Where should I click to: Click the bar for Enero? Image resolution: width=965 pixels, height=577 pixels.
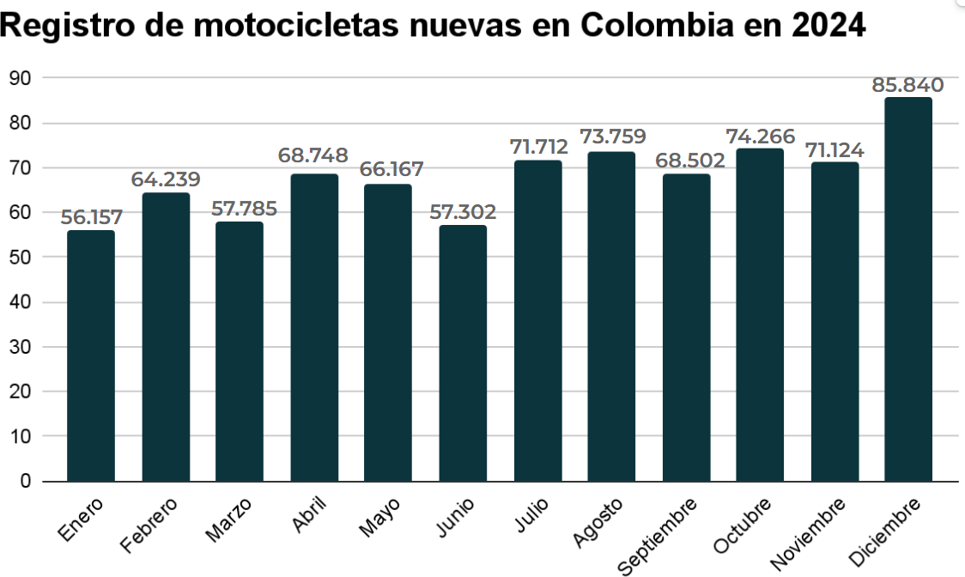click(91, 355)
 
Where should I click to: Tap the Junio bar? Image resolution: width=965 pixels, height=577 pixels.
click(463, 353)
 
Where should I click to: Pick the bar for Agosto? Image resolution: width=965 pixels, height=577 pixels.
click(611, 316)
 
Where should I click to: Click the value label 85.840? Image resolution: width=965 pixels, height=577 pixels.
click(907, 85)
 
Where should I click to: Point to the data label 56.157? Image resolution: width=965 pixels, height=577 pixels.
click(91, 217)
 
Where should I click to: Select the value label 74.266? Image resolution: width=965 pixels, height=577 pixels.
click(760, 137)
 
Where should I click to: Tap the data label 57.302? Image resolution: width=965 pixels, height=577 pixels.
click(463, 212)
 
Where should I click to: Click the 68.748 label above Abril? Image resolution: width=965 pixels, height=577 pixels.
click(313, 155)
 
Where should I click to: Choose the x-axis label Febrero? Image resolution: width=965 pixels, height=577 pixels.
click(149, 523)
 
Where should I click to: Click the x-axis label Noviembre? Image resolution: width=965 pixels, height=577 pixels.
click(808, 533)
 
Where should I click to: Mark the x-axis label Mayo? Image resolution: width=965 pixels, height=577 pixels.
click(379, 517)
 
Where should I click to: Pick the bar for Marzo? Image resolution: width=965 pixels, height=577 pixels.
click(240, 351)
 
